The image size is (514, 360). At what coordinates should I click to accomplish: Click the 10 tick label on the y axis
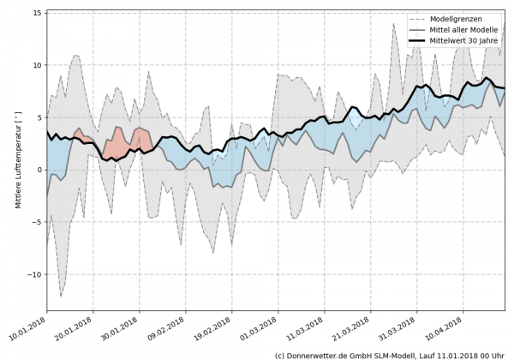coord(37,65)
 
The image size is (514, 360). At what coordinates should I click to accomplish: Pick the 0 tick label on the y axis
coord(39,170)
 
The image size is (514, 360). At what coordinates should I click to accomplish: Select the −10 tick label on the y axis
coord(35,274)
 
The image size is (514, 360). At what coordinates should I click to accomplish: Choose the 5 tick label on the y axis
coord(39,117)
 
